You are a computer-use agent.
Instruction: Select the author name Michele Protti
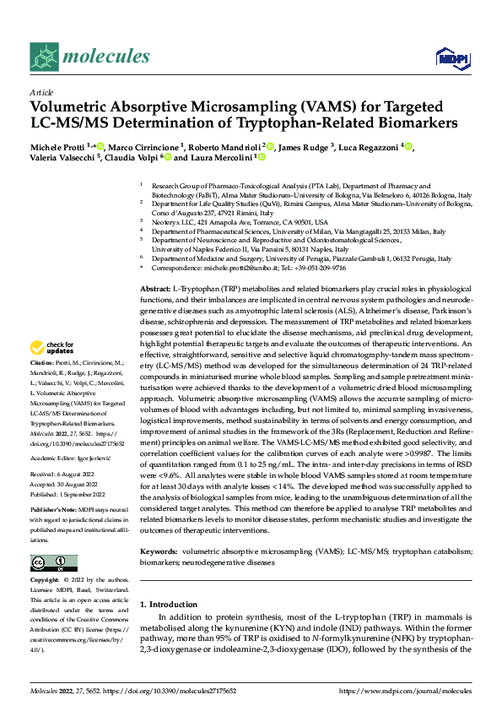pos(58,147)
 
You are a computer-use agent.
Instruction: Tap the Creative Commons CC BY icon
pos(53,563)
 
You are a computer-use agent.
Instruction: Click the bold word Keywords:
pos(157,551)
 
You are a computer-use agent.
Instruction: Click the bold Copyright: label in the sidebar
pos(46,581)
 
